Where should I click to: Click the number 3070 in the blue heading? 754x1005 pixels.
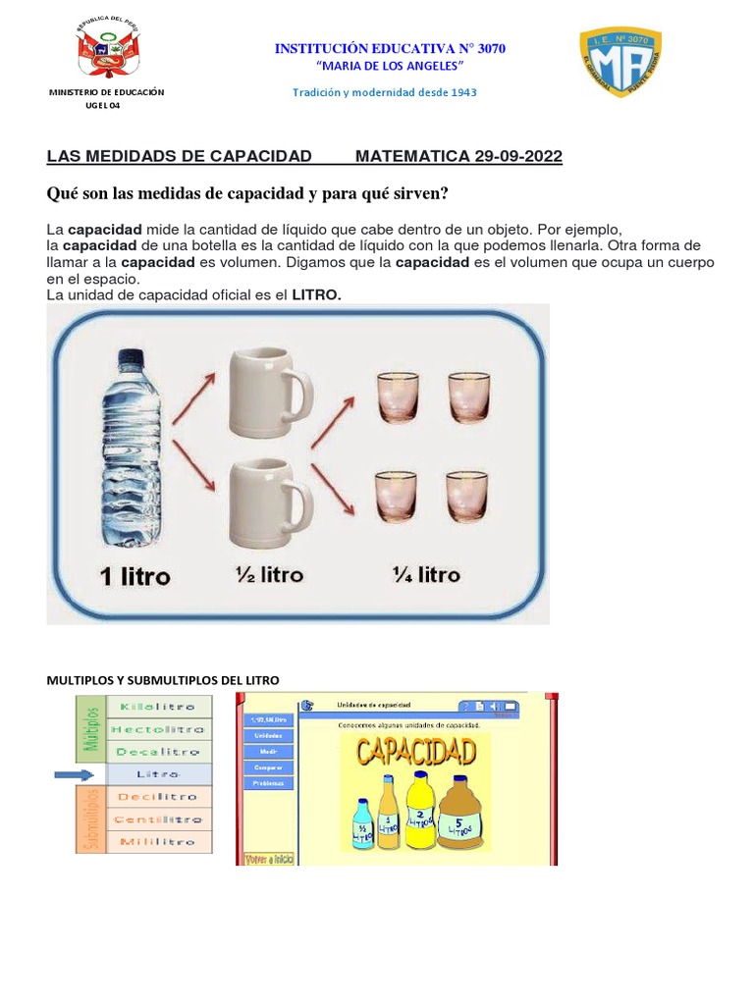[486, 48]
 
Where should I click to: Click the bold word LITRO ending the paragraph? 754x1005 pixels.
[316, 295]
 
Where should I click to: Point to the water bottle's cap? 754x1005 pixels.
[131, 358]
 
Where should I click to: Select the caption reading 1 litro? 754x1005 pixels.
[135, 577]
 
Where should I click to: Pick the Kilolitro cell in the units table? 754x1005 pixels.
[158, 706]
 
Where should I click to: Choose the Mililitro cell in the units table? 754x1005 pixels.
[158, 842]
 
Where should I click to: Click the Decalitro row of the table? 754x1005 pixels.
[158, 752]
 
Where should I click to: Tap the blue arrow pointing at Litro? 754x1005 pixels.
[74, 775]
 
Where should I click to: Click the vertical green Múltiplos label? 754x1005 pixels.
[91, 727]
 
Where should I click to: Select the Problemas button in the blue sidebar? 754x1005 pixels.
[267, 783]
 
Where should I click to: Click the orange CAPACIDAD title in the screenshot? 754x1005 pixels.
[416, 754]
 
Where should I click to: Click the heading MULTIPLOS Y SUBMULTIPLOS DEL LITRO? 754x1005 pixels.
[163, 679]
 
